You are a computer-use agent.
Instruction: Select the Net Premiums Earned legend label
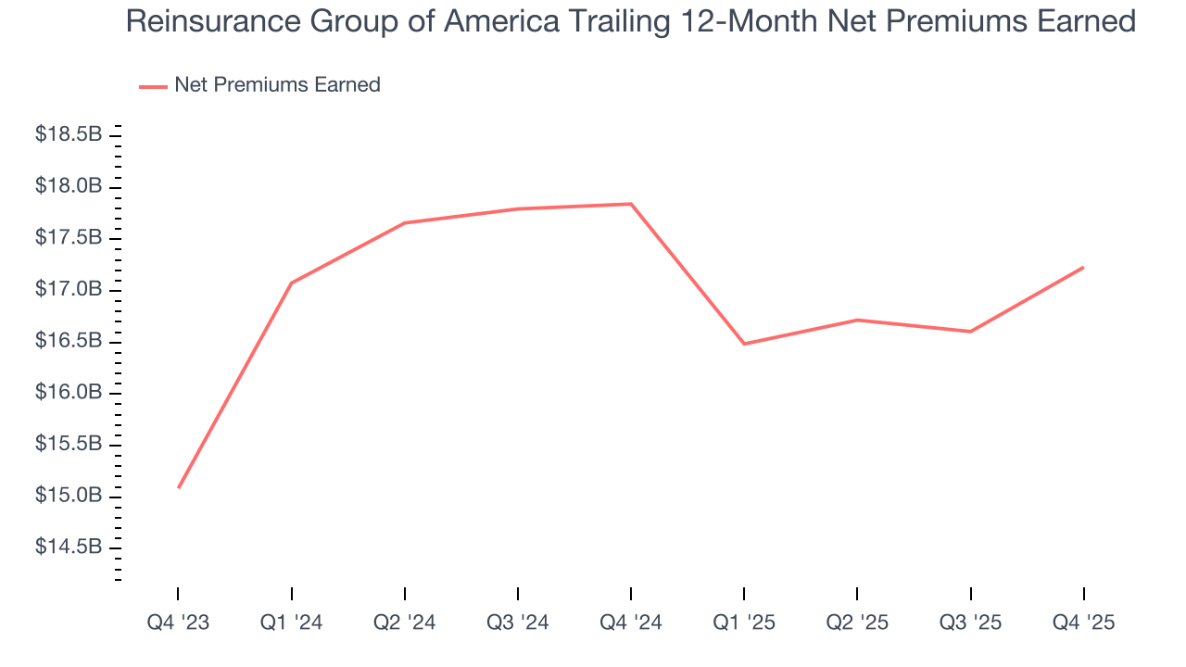point(277,85)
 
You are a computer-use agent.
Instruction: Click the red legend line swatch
point(153,86)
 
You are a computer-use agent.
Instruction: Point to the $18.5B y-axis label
point(69,135)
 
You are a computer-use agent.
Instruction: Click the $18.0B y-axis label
point(69,187)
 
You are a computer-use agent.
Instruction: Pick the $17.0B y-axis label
point(69,290)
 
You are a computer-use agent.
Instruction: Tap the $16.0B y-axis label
point(69,393)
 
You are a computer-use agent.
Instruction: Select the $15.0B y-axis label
point(69,496)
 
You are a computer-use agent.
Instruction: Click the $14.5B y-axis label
point(69,547)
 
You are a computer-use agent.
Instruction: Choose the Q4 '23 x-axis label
point(178,623)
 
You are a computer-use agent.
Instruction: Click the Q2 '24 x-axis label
point(404,623)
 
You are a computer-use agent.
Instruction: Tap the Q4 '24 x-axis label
point(631,623)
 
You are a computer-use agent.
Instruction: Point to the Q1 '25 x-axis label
point(744,623)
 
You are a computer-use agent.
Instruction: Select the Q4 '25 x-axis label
point(1083,623)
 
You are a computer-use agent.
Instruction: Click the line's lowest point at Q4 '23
point(178,487)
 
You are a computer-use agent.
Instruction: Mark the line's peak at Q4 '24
point(631,204)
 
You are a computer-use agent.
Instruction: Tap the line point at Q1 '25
point(744,344)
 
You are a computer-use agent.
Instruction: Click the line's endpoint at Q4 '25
point(1083,268)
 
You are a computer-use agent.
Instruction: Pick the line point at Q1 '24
point(292,283)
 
